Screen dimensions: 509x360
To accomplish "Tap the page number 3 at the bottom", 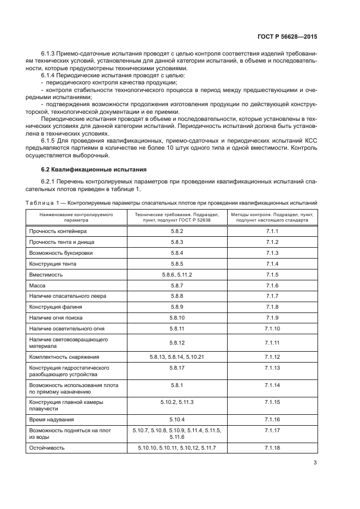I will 315,463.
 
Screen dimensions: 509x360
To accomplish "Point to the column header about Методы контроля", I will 272,218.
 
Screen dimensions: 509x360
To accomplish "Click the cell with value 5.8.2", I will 176,231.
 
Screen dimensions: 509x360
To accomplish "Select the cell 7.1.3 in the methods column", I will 272,253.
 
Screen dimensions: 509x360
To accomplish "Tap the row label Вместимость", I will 46,274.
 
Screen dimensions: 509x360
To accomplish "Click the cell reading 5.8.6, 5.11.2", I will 176,274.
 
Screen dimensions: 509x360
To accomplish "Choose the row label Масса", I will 38,285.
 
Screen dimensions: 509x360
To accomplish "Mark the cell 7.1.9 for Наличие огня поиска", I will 272,317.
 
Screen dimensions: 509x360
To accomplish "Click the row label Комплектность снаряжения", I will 64,357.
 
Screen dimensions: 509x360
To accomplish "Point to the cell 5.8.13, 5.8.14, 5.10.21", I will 176,357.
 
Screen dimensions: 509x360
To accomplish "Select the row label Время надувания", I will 51,419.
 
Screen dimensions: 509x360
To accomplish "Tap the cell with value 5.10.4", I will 176,419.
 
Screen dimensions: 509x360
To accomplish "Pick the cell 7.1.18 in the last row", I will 272,447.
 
